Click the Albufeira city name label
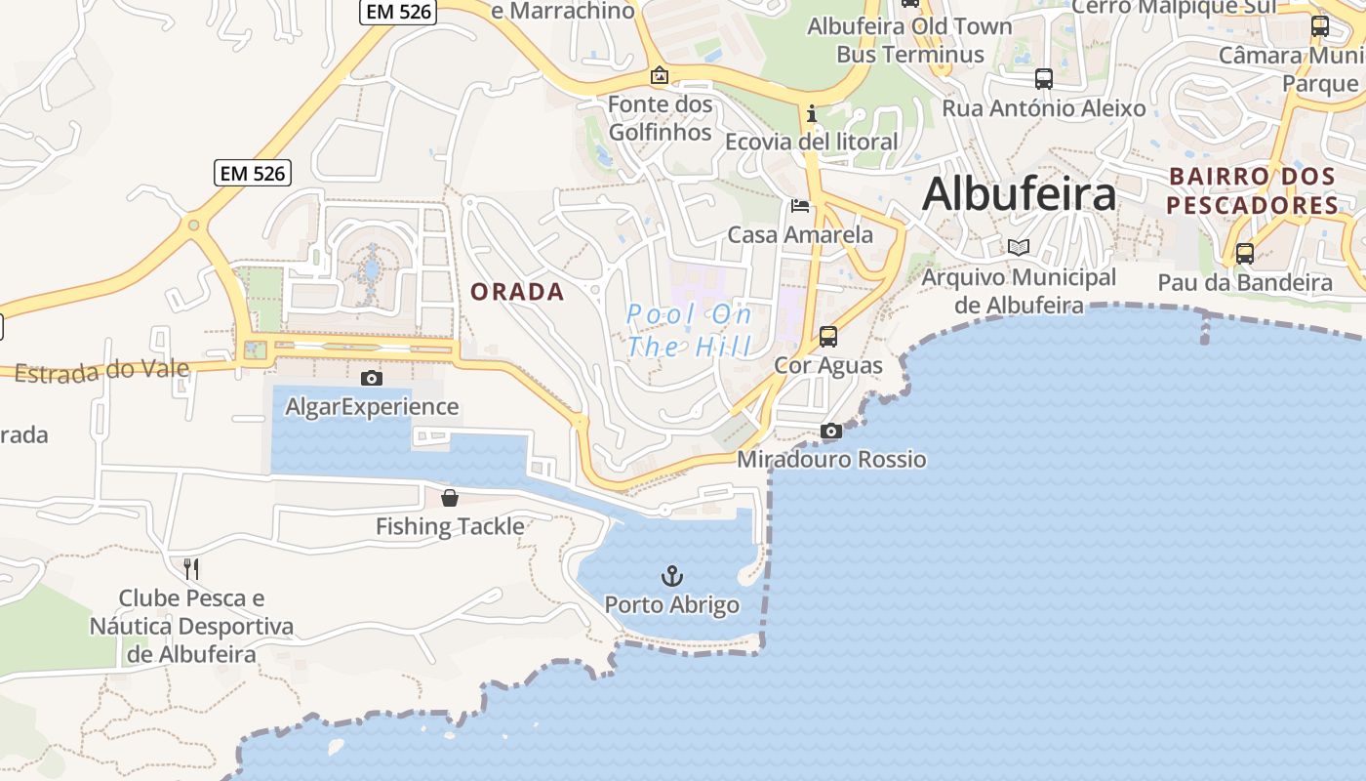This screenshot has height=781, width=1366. tap(1019, 193)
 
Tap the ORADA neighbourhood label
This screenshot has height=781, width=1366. tap(517, 292)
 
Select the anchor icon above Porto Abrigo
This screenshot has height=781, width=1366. tap(672, 575)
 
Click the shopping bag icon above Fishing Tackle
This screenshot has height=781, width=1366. tap(450, 498)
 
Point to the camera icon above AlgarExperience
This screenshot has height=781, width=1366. tap(372, 378)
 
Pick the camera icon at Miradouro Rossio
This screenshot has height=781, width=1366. tap(831, 431)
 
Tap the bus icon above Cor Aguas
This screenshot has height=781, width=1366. tap(828, 337)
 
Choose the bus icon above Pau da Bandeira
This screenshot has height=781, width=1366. tap(1245, 254)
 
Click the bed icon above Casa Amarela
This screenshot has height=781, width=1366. tap(800, 206)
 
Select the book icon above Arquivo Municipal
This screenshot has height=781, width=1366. tap(1019, 248)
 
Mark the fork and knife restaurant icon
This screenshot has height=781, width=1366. tap(191, 568)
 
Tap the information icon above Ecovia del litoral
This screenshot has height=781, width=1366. tap(812, 114)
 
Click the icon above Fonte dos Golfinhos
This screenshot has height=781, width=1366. tap(660, 75)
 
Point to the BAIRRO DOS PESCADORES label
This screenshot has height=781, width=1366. tap(1253, 191)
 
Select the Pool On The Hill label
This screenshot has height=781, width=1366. tap(690, 330)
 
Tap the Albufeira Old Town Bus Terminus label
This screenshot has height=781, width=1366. tap(909, 40)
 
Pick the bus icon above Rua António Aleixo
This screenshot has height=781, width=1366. tap(1044, 79)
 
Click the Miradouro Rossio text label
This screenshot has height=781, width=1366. tap(831, 459)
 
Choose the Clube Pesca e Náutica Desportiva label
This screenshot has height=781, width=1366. tap(191, 626)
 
